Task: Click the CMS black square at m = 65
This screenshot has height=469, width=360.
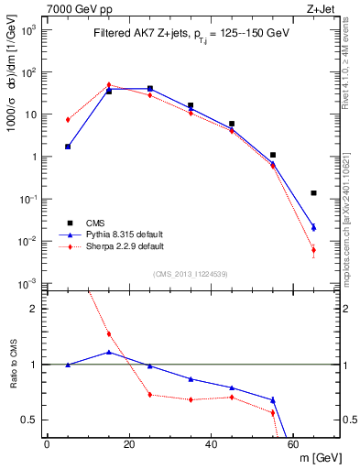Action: point(313,193)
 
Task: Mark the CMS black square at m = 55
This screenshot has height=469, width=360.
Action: point(273,155)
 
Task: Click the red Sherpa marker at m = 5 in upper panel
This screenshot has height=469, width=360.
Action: point(68,120)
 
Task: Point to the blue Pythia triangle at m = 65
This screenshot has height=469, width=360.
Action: point(313,227)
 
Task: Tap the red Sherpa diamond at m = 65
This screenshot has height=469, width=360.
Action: point(313,250)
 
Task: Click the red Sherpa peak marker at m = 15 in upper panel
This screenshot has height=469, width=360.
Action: point(109,85)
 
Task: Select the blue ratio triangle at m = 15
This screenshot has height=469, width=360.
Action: point(109,352)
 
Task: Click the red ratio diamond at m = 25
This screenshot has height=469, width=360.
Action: point(150,395)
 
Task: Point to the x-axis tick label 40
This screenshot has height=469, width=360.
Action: point(212,444)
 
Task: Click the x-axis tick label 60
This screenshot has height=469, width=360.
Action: point(293,444)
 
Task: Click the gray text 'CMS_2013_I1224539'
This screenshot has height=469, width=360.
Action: point(191,274)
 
